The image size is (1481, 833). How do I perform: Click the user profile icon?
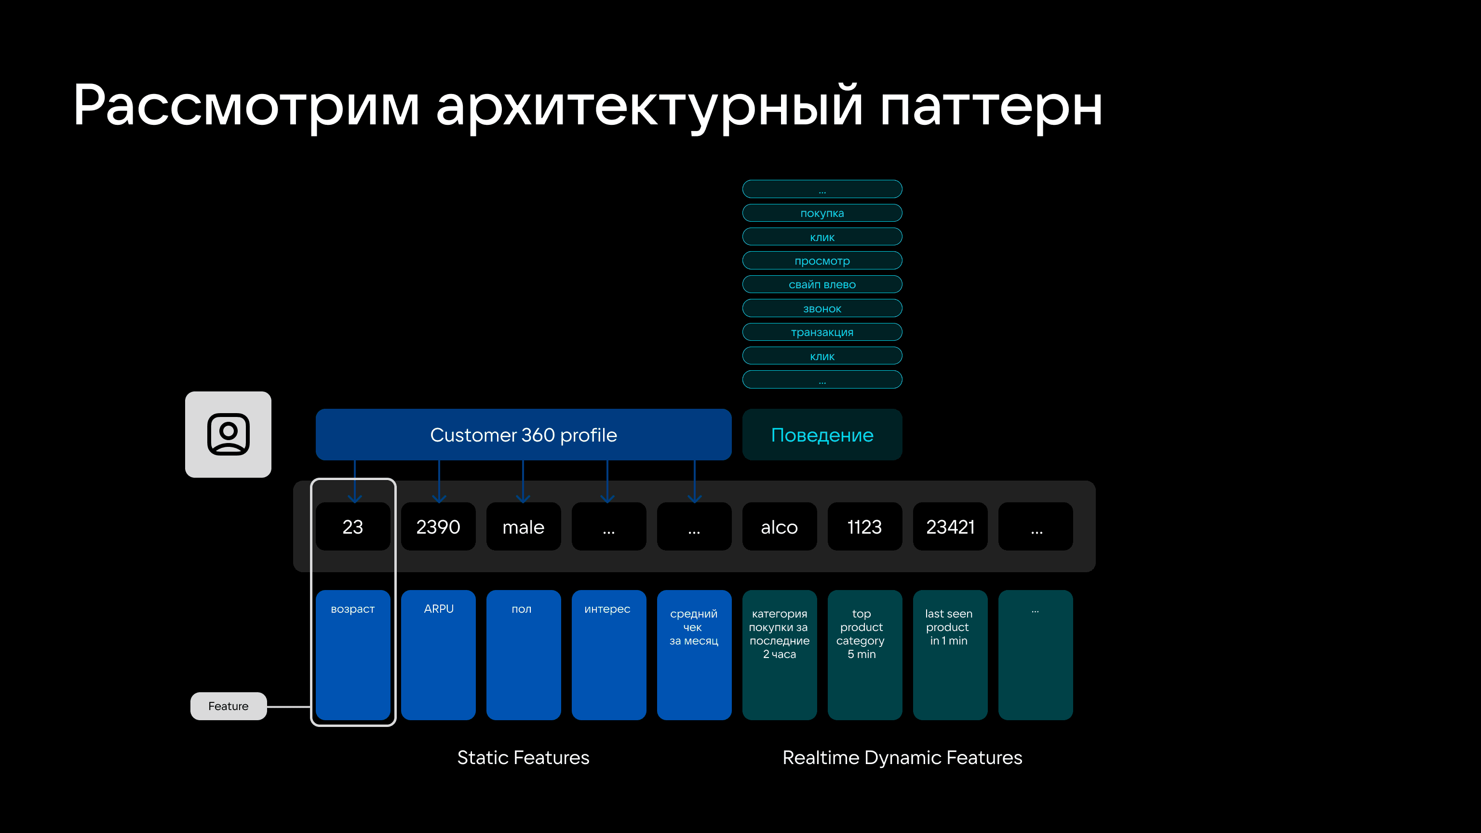pyautogui.click(x=228, y=435)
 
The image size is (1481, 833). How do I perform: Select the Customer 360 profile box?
pyautogui.click(x=523, y=435)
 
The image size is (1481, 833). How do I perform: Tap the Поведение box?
pyautogui.click(x=822, y=435)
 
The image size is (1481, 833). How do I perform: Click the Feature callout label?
pyautogui.click(x=228, y=706)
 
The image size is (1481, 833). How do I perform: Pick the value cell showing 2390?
pyautogui.click(x=438, y=526)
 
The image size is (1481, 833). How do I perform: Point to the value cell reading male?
pyautogui.click(x=523, y=526)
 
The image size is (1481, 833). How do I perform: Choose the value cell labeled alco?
pyautogui.click(x=780, y=526)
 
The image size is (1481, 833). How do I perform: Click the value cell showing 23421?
pyautogui.click(x=950, y=526)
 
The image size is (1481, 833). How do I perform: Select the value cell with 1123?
pyautogui.click(x=865, y=526)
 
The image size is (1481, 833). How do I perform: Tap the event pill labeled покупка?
pyautogui.click(x=822, y=213)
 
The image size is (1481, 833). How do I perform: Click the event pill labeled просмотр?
pyautogui.click(x=822, y=260)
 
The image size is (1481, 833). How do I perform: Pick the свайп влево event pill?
pyautogui.click(x=822, y=284)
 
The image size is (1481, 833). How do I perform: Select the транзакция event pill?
pyautogui.click(x=822, y=332)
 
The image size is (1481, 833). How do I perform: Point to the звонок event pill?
pyautogui.click(x=822, y=308)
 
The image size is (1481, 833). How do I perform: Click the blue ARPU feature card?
pyautogui.click(x=438, y=655)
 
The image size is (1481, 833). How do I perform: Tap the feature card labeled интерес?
pyautogui.click(x=609, y=655)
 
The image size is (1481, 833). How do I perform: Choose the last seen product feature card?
pyautogui.click(x=950, y=655)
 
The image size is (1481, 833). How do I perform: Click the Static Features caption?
pyautogui.click(x=523, y=757)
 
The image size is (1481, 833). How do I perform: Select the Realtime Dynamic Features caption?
pyautogui.click(x=902, y=758)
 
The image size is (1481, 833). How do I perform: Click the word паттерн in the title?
pyautogui.click(x=991, y=107)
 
